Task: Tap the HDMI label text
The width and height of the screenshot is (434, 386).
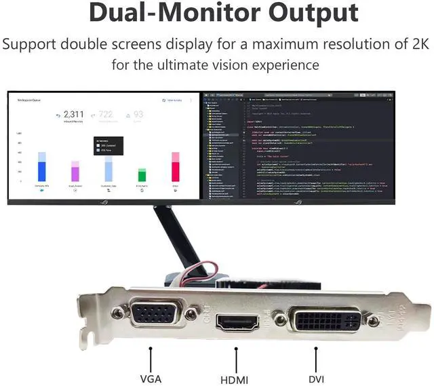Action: pos(235,379)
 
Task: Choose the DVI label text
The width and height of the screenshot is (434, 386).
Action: pos(316,379)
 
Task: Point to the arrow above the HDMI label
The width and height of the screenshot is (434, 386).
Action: pos(235,358)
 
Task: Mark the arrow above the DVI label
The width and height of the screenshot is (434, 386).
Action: pos(316,358)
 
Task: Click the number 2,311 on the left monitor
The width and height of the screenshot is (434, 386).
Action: pos(73,115)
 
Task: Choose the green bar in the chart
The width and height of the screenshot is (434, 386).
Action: pos(142,174)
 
